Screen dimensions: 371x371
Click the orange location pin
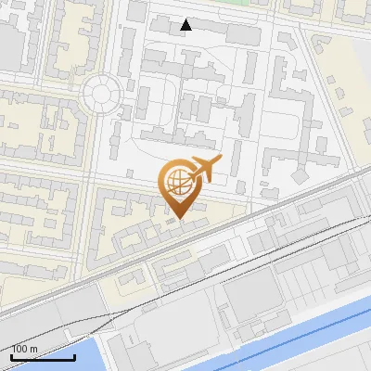(x=178, y=185)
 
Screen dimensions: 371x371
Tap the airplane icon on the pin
(x=204, y=169)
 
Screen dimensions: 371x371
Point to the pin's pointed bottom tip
(x=178, y=219)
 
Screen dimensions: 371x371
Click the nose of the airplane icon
(x=220, y=160)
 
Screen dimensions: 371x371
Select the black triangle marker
(x=186, y=25)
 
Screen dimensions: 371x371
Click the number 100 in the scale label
(x=19, y=349)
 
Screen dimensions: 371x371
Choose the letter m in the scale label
(x=33, y=349)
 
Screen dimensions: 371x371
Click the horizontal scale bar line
(x=43, y=357)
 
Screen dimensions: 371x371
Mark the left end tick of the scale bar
(x=11, y=355)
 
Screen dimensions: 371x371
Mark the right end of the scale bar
(x=74, y=355)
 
